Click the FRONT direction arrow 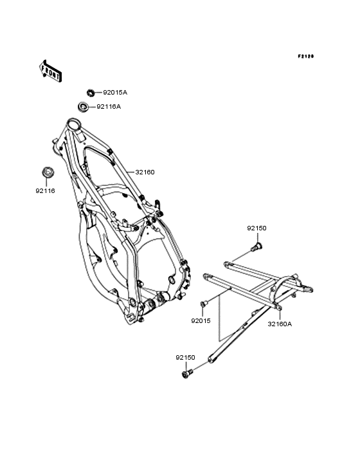51,71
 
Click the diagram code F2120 306,56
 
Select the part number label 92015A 115,93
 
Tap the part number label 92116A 109,107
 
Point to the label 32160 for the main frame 145,172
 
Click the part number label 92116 45,190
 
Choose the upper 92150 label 256,228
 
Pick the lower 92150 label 185,358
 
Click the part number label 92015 201,321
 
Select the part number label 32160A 280,324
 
